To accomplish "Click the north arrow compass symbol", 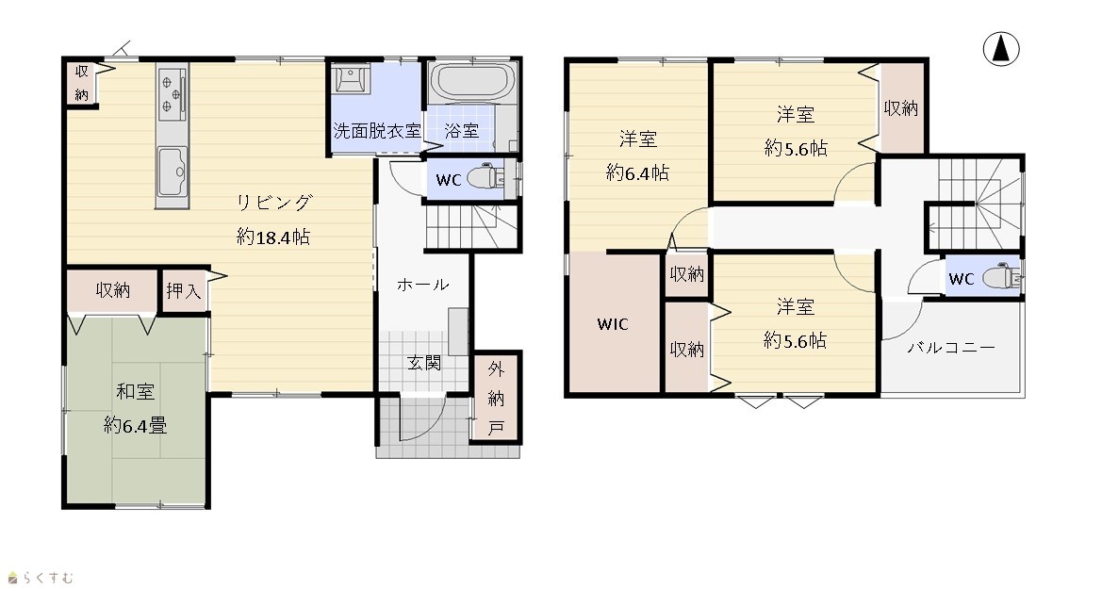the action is (x=1001, y=49).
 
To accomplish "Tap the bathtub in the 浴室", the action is (x=472, y=82).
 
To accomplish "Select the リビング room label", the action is (x=273, y=204).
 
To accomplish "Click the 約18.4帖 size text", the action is (x=273, y=237).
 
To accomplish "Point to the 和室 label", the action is (x=136, y=391).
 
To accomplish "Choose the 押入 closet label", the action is (x=184, y=291).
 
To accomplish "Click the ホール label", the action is (x=422, y=285).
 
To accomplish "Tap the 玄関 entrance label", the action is (x=424, y=364).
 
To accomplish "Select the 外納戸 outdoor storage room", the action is (x=496, y=398).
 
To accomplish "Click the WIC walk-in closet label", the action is (x=613, y=324).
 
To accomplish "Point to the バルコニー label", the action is (x=951, y=348).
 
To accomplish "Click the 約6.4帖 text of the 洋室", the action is (x=637, y=172).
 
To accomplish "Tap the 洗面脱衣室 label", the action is (x=377, y=131).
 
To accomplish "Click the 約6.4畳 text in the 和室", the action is (x=136, y=425).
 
